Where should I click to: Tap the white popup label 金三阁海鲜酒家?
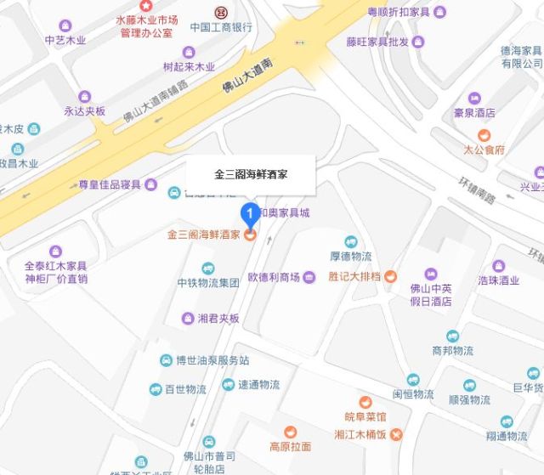pyautogui.click(x=251, y=173)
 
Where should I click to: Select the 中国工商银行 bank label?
pyautogui.click(x=221, y=26)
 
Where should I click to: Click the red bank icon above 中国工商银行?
pyautogui.click(x=221, y=11)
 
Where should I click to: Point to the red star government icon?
pyautogui.click(x=146, y=5)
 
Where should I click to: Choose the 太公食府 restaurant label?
pyautogui.click(x=484, y=149)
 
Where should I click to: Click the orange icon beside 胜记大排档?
pyautogui.click(x=390, y=276)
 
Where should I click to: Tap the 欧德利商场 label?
pyautogui.click(x=274, y=277)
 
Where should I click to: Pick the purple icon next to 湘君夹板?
pyautogui.click(x=189, y=319)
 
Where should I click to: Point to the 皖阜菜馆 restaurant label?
pyautogui.click(x=365, y=416)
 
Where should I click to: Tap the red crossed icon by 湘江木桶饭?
pyautogui.click(x=397, y=435)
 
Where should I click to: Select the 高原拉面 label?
pyautogui.click(x=290, y=446)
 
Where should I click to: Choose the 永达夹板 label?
pyautogui.click(x=84, y=111)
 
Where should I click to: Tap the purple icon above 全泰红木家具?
pyautogui.click(x=55, y=252)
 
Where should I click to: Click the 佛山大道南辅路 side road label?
pyautogui.click(x=162, y=101)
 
